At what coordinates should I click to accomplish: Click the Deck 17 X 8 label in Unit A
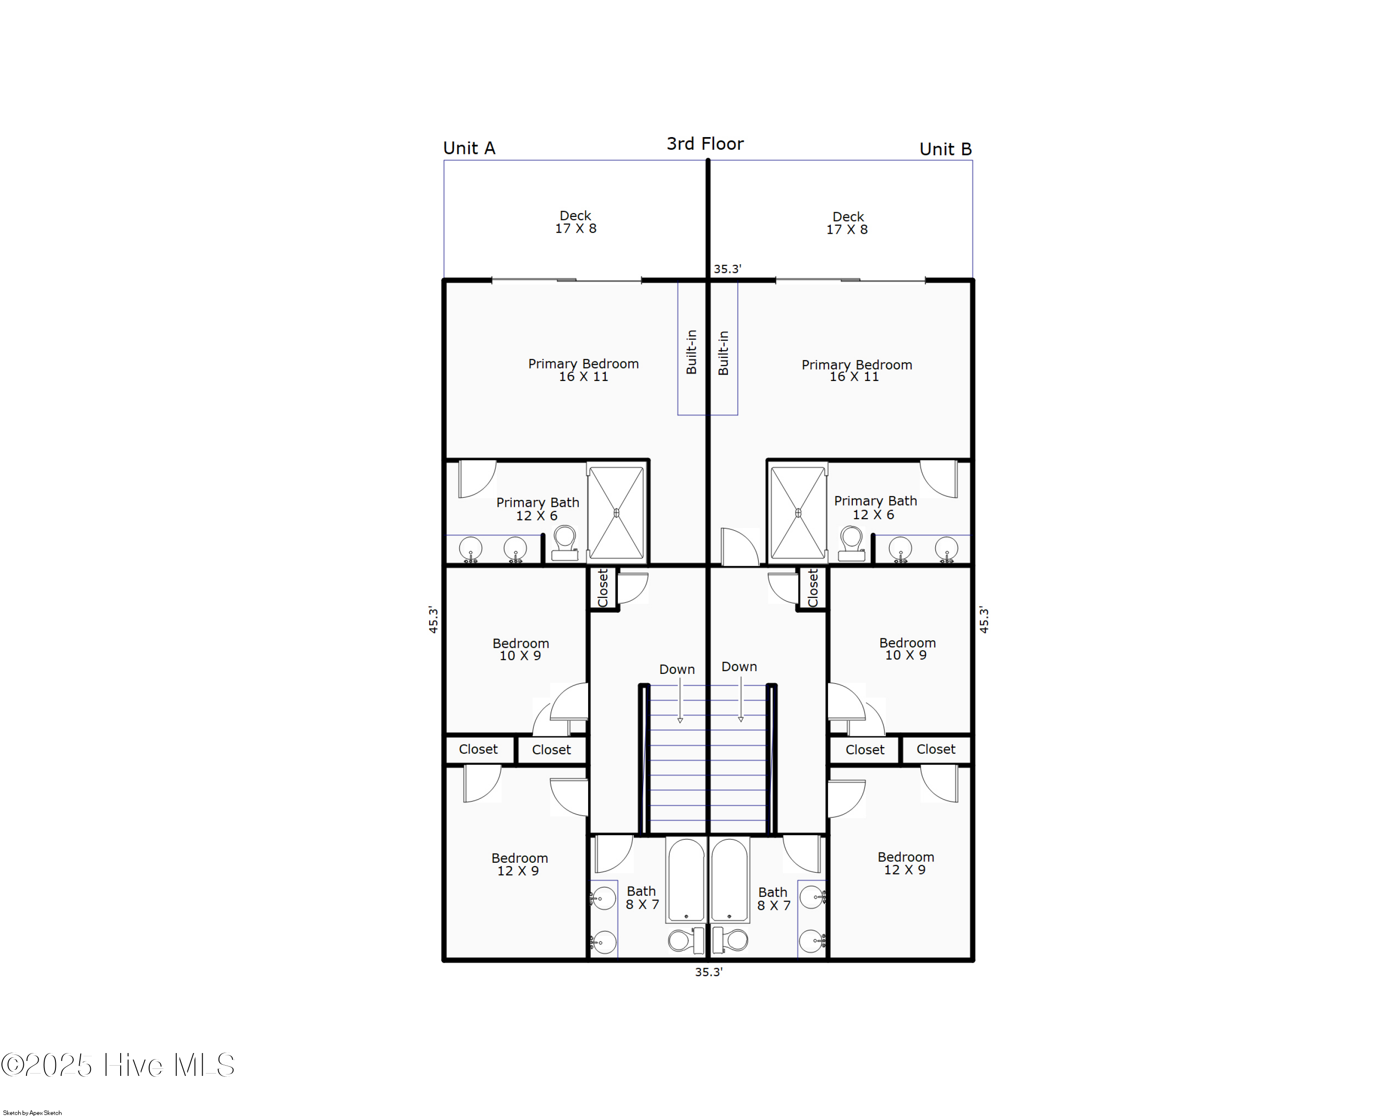[x=575, y=222]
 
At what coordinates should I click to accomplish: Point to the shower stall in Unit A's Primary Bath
[x=616, y=513]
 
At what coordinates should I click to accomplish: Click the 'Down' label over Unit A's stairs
[x=676, y=669]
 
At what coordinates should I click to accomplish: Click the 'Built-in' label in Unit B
[x=723, y=352]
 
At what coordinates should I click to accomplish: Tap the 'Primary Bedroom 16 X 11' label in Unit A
[x=583, y=370]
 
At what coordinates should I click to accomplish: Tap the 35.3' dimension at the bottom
[x=708, y=972]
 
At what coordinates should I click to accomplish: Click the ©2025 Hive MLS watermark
[x=117, y=1065]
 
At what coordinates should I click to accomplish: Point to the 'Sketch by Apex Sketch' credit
[x=33, y=1112]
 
